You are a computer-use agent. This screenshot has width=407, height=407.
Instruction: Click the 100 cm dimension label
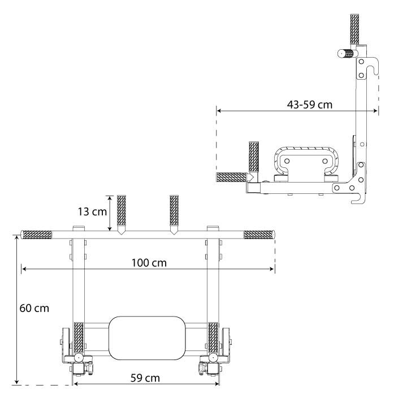click(149, 263)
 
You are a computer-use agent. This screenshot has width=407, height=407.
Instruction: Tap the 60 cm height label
click(34, 309)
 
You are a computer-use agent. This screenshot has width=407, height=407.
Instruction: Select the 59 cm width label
click(145, 378)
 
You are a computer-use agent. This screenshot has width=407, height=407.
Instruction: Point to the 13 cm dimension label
click(92, 211)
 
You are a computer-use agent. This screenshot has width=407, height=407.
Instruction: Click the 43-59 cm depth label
click(310, 105)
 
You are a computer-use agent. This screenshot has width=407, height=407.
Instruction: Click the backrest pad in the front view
click(147, 338)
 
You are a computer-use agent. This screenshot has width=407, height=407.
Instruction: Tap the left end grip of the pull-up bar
click(36, 235)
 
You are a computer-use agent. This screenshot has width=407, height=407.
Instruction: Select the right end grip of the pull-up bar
click(259, 235)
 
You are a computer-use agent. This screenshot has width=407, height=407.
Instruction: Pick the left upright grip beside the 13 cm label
click(122, 210)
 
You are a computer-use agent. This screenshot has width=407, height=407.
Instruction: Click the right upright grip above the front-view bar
click(174, 210)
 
